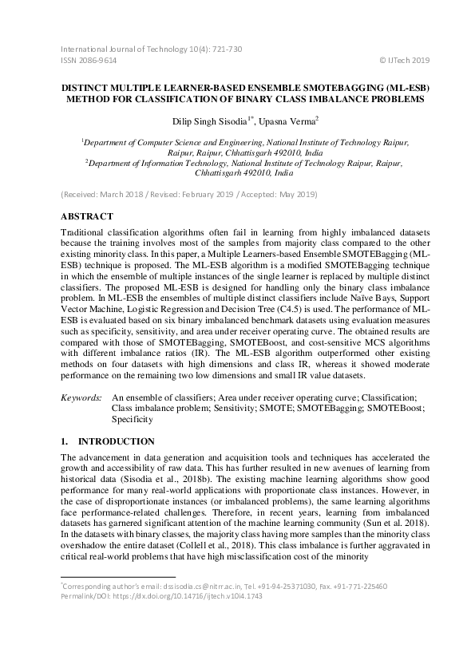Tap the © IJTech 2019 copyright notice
click(402, 60)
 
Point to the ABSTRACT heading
click(87, 216)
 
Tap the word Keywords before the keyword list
click(81, 397)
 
